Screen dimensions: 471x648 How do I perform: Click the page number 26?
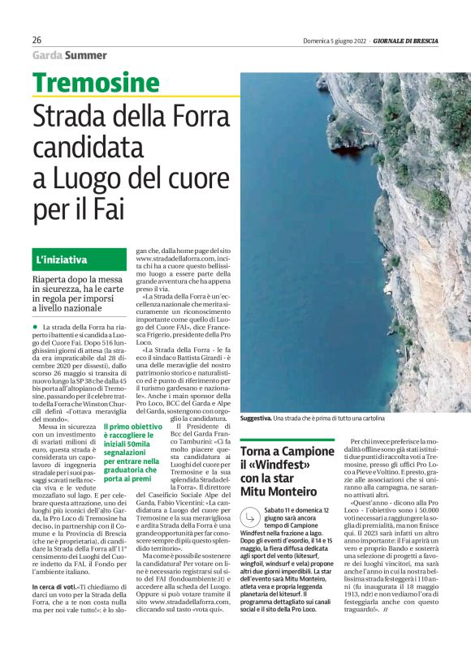37,40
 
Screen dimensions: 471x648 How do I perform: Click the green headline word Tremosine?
96,83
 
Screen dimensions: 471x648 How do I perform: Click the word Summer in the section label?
87,55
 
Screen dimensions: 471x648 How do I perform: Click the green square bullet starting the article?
35,326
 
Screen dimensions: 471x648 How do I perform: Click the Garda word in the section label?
46,55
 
